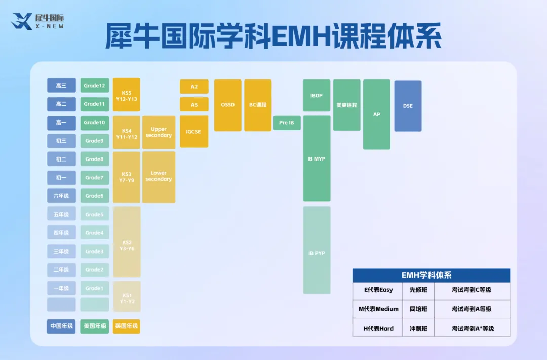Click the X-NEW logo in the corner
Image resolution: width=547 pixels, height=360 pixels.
click(x=38, y=21)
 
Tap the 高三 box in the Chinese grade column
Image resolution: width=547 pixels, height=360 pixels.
click(x=61, y=86)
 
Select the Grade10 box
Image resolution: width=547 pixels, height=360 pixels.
click(x=95, y=123)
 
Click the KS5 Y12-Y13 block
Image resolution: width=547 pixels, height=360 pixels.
click(x=126, y=95)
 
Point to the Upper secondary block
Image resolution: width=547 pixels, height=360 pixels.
click(x=159, y=133)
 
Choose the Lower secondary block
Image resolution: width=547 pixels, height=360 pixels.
click(x=159, y=176)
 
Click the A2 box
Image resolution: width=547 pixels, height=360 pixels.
click(x=194, y=87)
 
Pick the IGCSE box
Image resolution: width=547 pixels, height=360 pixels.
click(x=194, y=132)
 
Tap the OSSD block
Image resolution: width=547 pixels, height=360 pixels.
click(x=228, y=105)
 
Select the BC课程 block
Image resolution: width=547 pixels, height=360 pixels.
click(x=258, y=105)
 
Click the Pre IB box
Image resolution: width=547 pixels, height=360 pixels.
click(x=287, y=123)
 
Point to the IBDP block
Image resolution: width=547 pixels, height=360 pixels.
click(x=317, y=95)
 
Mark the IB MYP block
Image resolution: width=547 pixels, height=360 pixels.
click(x=317, y=159)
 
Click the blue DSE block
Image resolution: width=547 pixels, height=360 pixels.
click(x=408, y=106)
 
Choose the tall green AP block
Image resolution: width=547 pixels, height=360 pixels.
click(x=377, y=114)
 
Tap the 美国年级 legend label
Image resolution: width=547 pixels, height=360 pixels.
click(x=95, y=326)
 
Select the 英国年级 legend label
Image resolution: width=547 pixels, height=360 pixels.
click(x=126, y=326)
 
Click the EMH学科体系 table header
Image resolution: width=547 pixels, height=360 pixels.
click(x=431, y=275)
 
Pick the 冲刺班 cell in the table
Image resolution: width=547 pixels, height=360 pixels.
click(x=418, y=328)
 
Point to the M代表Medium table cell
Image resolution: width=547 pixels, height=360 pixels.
click(x=378, y=309)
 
